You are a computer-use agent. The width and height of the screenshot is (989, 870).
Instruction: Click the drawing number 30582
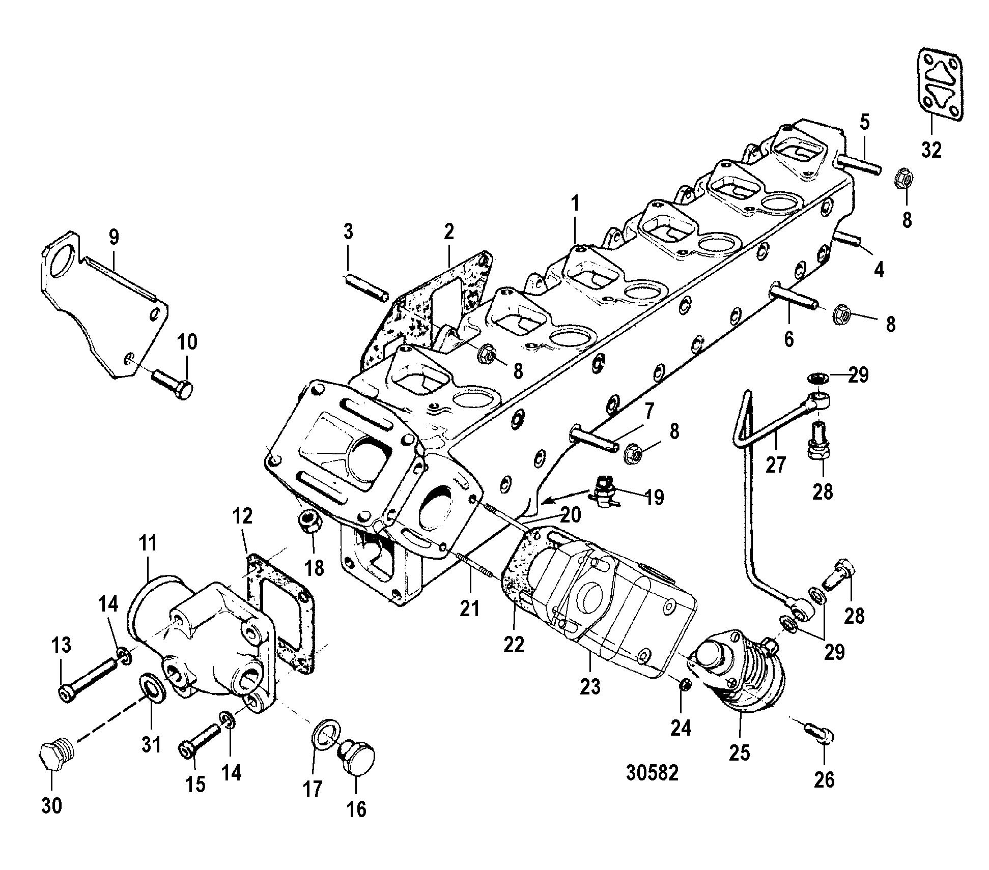pyautogui.click(x=653, y=773)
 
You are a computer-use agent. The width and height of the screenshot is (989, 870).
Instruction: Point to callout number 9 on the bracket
pyautogui.click(x=114, y=237)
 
